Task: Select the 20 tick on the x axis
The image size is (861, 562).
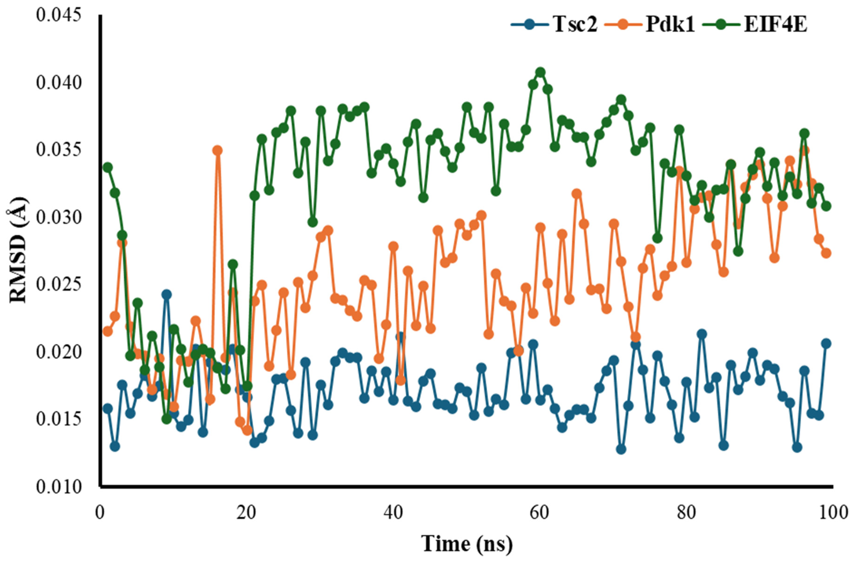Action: [247, 513]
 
